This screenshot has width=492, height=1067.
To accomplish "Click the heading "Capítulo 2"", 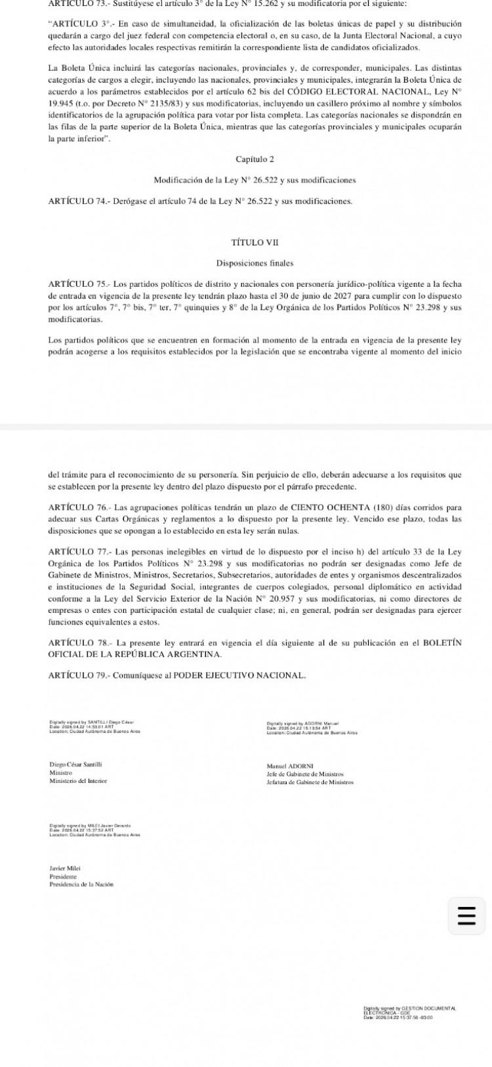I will [x=255, y=159].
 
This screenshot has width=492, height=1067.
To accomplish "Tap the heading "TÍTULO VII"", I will [x=255, y=243].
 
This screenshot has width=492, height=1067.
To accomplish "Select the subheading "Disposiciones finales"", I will [x=255, y=263].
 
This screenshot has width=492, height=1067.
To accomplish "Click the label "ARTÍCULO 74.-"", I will [x=79, y=201].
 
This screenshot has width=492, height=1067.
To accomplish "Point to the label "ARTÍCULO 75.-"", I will [x=79, y=284].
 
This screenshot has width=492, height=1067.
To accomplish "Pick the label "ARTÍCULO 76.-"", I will [x=79, y=507].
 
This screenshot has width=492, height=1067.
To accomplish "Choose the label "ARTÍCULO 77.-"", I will [x=79, y=552].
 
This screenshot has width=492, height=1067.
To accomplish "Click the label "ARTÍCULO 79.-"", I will [x=79, y=675].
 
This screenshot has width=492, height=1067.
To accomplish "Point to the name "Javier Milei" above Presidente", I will [x=65, y=868].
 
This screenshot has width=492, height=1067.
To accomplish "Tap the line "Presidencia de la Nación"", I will [x=81, y=884].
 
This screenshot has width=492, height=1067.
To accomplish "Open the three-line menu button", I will [x=466, y=915].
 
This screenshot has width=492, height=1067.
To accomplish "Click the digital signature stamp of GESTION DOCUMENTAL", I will [x=409, y=1012].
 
